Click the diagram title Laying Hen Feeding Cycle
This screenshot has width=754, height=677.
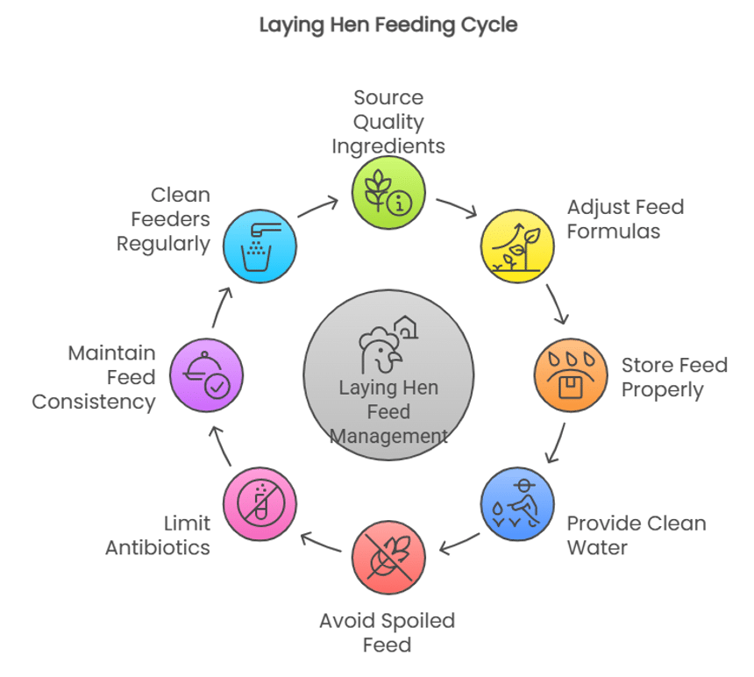click(x=388, y=25)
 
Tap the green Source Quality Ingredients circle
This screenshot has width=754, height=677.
click(x=388, y=193)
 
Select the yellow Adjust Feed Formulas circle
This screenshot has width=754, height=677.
click(x=517, y=246)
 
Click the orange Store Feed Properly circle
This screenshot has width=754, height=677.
click(x=571, y=375)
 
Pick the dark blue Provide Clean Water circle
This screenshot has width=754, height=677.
click(x=517, y=504)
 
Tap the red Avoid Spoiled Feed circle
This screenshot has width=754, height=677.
click(x=388, y=558)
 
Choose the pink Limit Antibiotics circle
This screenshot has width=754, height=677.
click(x=260, y=504)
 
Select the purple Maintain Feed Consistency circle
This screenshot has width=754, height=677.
click(x=206, y=375)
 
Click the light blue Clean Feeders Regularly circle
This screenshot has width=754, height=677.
click(x=260, y=246)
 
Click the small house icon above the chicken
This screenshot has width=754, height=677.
click(x=406, y=327)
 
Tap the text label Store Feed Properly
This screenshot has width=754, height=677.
click(x=674, y=377)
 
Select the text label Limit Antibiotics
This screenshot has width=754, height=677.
click(x=159, y=536)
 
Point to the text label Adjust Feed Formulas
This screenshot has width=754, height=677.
click(x=625, y=219)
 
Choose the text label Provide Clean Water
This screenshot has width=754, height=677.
click(x=636, y=536)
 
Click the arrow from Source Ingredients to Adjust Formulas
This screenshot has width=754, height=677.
click(x=456, y=207)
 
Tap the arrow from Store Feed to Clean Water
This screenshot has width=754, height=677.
click(x=556, y=444)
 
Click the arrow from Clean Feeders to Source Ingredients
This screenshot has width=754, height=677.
click(x=317, y=207)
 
